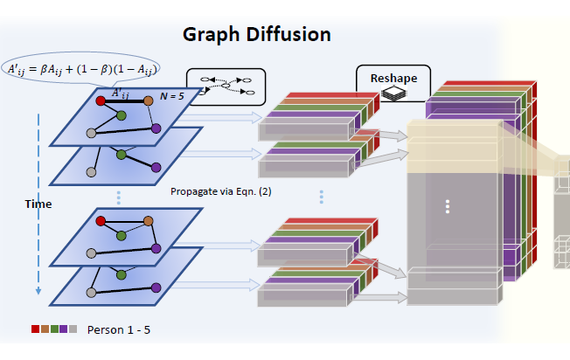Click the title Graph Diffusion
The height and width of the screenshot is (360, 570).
(256, 35)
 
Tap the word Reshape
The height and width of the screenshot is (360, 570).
(393, 78)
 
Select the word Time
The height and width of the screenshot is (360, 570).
(38, 204)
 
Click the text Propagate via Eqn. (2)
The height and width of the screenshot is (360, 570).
(221, 190)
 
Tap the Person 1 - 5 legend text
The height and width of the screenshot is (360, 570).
(119, 329)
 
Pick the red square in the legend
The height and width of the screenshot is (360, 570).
(36, 329)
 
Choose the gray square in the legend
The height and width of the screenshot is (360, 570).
(73, 329)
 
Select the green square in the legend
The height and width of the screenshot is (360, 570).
(54, 329)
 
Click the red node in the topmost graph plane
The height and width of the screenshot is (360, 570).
(101, 100)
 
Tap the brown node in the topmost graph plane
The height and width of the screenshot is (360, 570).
(149, 100)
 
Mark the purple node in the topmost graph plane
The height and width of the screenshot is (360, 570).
(156, 128)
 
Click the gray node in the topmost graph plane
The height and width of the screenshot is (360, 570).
(91, 133)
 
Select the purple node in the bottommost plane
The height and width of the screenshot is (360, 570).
(156, 287)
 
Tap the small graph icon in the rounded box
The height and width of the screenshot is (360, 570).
(225, 85)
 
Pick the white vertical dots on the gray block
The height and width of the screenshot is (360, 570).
(448, 206)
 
